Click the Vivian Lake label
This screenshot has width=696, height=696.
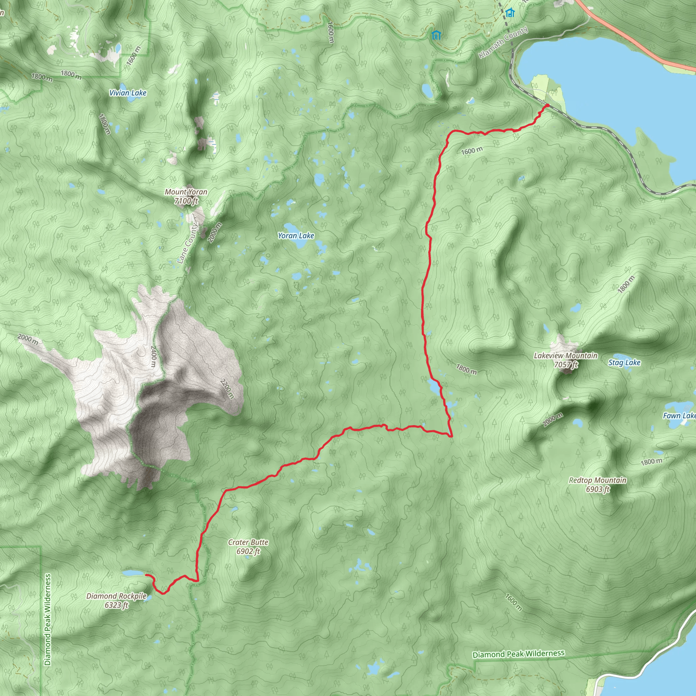pyautogui.click(x=128, y=93)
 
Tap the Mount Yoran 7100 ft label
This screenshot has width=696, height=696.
pyautogui.click(x=186, y=196)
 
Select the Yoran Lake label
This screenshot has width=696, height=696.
pyautogui.click(x=296, y=236)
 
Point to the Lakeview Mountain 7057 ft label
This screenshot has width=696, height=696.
pyautogui.click(x=565, y=360)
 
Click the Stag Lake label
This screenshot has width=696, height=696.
pyautogui.click(x=624, y=362)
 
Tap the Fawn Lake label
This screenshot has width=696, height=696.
pyautogui.click(x=679, y=416)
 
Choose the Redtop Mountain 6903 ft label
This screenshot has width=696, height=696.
pyautogui.click(x=598, y=485)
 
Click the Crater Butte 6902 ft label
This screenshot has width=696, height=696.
pyautogui.click(x=248, y=546)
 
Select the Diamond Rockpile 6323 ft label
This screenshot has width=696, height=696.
pyautogui.click(x=116, y=601)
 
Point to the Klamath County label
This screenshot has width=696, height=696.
pyautogui.click(x=503, y=42)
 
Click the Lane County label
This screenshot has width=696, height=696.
pyautogui.click(x=188, y=244)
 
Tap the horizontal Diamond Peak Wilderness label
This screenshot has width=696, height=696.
pyautogui.click(x=518, y=654)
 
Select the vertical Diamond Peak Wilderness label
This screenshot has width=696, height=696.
pyautogui.click(x=48, y=619)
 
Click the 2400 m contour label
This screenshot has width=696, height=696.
pyautogui.click(x=154, y=356)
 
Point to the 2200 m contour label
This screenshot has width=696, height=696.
pyautogui.click(x=227, y=389)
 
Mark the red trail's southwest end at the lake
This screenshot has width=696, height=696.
pyautogui.click(x=146, y=575)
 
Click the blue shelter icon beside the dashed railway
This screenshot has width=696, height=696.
pyautogui.click(x=510, y=13)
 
